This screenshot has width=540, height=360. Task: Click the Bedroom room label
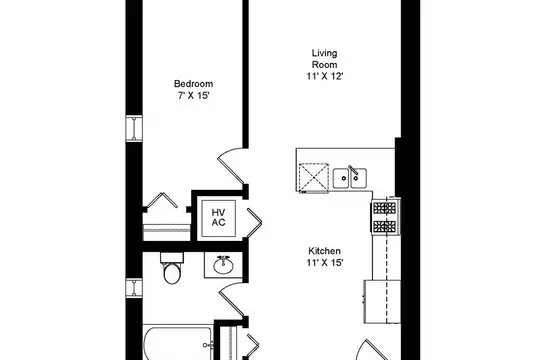193,84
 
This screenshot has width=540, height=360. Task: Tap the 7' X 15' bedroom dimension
194,95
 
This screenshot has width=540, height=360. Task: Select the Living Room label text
324,59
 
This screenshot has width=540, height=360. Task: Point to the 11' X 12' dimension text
325,76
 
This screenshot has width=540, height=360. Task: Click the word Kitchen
324,251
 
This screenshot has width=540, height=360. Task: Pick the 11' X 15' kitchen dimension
325,263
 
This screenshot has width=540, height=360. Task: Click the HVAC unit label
219,218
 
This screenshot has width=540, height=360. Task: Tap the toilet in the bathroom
172,268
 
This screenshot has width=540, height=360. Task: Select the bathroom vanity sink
224,265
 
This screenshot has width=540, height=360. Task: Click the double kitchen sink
350,178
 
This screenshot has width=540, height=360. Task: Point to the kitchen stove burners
385,217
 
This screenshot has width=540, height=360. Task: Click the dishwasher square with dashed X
314,177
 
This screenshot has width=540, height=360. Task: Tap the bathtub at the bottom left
178,344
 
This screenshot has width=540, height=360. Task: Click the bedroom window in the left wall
134,128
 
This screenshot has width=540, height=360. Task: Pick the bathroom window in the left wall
134,287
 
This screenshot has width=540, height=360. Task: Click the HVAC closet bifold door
254,223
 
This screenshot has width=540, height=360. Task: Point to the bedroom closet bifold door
162,200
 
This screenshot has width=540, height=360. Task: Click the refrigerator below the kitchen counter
382,302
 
